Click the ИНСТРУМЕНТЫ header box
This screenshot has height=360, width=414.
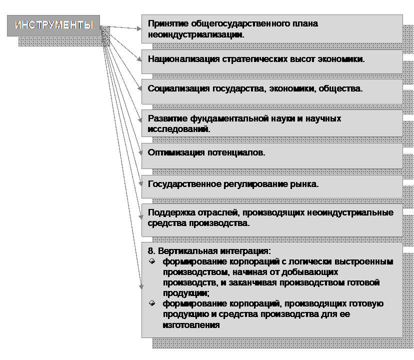(53, 25)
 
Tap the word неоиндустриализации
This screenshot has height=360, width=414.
(196, 34)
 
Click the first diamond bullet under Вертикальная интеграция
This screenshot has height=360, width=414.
(152, 261)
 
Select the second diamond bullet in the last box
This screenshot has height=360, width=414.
(152, 303)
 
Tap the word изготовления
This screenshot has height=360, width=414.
(191, 325)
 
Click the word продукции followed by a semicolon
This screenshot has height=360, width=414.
(186, 293)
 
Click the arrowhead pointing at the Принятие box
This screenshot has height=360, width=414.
(139, 28)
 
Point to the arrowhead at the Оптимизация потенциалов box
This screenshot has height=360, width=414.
(140, 152)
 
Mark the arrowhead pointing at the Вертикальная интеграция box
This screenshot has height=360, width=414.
(141, 286)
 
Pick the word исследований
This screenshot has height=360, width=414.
(178, 129)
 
